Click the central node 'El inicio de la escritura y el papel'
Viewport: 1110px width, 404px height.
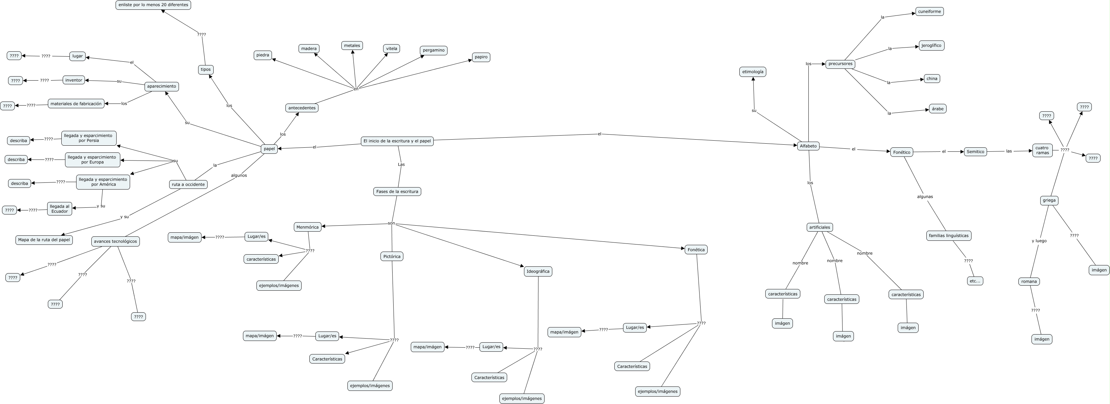397,141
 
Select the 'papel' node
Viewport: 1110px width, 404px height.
269,149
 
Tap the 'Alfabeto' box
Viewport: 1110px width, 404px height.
808,146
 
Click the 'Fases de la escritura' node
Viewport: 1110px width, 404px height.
397,192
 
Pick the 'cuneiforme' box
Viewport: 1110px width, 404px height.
929,12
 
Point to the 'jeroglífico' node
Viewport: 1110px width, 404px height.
931,45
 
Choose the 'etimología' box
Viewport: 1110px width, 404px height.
752,71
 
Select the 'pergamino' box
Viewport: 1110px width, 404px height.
433,51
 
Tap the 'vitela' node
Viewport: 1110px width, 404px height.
391,49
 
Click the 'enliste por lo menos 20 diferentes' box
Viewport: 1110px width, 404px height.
153,5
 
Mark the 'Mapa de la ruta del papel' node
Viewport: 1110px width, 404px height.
44,240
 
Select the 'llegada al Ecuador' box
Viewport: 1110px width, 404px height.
59,209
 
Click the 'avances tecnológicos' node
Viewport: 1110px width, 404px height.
116,241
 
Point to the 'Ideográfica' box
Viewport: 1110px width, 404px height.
538,271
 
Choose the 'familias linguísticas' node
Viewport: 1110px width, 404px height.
948,236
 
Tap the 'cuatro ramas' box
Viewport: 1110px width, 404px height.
1042,150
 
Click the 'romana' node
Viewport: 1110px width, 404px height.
1028,282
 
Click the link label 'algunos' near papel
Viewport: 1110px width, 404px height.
239,175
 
